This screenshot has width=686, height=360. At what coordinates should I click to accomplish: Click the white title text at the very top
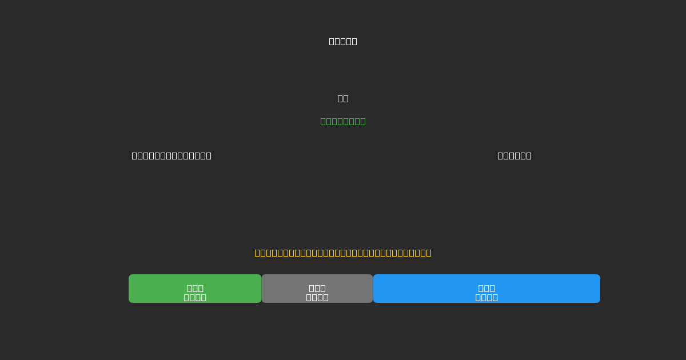(343, 41)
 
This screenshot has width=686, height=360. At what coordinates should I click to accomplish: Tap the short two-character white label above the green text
(343, 98)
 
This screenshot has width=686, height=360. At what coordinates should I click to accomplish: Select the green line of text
(343, 121)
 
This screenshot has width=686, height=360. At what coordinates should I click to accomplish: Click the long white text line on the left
(171, 155)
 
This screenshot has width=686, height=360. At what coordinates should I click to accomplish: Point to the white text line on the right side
(514, 155)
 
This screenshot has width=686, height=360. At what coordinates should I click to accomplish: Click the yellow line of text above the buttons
(343, 253)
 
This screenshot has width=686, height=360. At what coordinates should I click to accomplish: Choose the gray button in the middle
(317, 289)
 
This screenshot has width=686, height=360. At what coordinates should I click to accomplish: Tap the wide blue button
(486, 289)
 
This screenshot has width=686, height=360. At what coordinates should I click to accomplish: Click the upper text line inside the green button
(195, 288)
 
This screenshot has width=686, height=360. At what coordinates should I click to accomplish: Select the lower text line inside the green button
(195, 297)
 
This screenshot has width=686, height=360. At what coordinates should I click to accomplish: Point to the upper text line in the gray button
(317, 288)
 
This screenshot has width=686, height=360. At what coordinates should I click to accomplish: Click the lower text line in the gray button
(317, 297)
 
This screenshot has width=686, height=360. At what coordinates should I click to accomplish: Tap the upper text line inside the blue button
(486, 288)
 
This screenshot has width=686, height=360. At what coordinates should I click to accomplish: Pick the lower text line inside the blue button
(486, 297)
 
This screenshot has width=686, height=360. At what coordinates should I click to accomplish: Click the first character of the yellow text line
(258, 253)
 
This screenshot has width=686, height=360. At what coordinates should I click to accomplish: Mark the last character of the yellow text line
(428, 253)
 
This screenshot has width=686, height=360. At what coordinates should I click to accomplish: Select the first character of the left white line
(135, 155)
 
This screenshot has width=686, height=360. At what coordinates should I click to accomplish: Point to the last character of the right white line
(528, 155)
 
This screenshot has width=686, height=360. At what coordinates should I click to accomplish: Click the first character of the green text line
(324, 121)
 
